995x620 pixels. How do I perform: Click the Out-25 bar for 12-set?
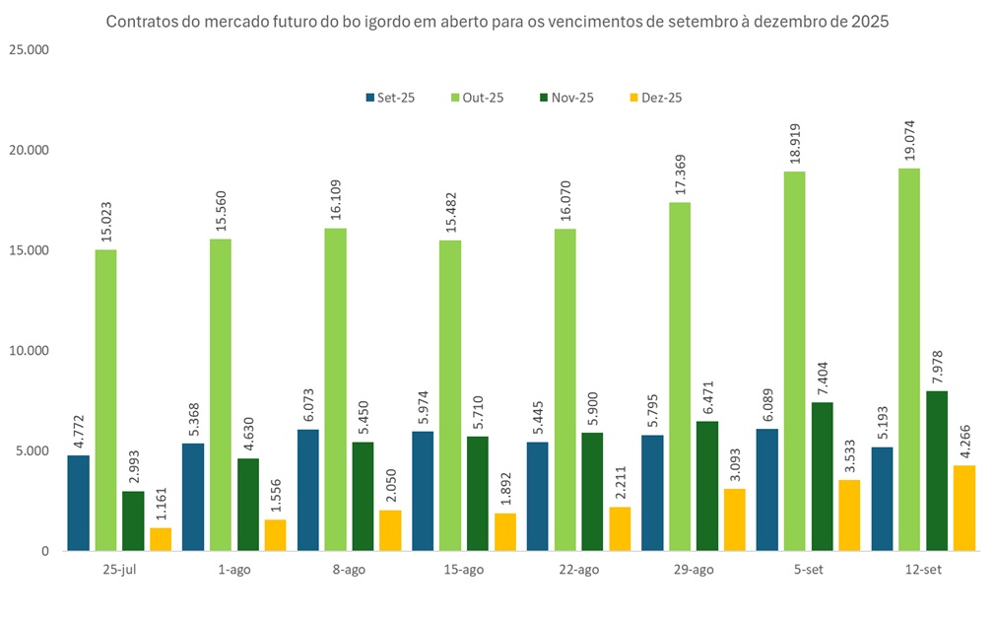(908, 360)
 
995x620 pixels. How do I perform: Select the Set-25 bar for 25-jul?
(78, 503)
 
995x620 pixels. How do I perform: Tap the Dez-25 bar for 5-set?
(848, 516)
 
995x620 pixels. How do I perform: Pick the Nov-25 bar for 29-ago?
(706, 486)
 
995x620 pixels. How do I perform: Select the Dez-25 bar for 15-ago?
(504, 532)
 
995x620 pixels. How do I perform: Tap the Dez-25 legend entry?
(654, 98)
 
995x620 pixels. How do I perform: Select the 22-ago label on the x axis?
(578, 570)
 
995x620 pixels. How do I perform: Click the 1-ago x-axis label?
(234, 570)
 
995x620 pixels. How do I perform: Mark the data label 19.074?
(908, 136)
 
